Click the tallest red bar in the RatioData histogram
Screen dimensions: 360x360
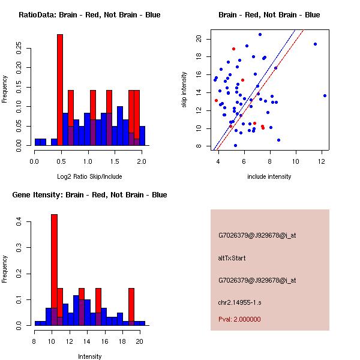(60, 90)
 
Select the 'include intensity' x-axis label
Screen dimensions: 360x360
(269, 176)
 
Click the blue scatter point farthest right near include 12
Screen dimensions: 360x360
(325, 95)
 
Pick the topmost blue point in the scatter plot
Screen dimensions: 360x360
(260, 34)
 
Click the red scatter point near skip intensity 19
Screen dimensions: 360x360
(233, 49)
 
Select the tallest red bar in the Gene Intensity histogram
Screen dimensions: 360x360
(54, 270)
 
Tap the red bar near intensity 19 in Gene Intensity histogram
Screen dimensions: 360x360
(131, 306)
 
